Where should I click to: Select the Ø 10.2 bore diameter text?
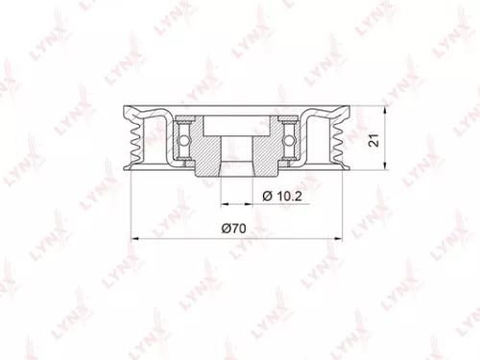tap(279, 197)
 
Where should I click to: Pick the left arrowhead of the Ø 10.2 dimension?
tap(223, 204)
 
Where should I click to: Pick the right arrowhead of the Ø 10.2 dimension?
tap(251, 204)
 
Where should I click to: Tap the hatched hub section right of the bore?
tap(264, 154)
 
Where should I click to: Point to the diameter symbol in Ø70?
tap(225, 228)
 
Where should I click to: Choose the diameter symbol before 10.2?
tap(263, 197)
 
